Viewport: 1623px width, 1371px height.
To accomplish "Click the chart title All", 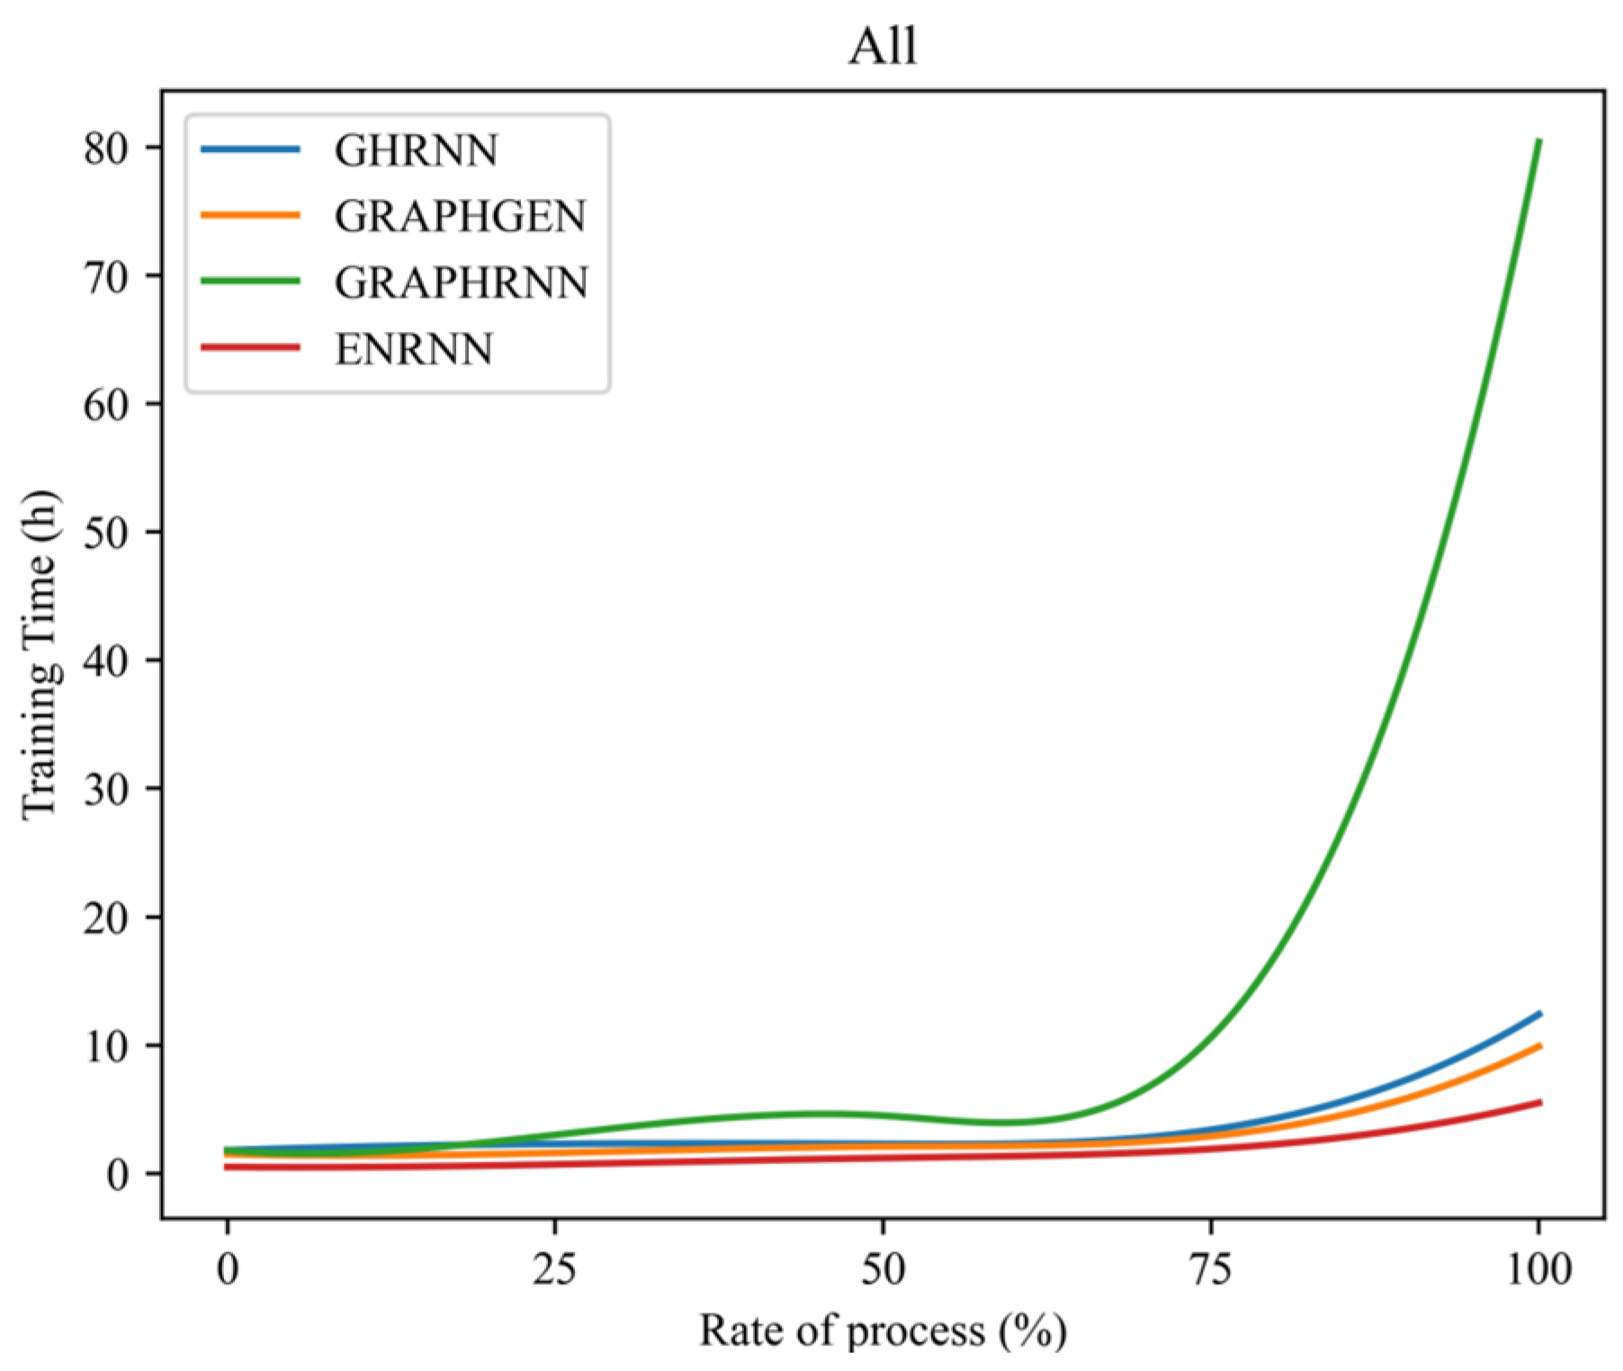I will coord(883,47).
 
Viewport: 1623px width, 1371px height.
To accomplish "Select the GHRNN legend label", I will coord(416,150).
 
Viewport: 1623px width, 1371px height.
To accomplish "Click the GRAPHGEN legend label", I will coord(460,217).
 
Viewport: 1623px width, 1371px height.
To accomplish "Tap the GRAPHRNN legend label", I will coord(461,282).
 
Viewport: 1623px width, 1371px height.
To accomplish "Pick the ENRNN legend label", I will coord(414,349).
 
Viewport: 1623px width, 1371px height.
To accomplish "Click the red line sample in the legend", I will coord(250,347).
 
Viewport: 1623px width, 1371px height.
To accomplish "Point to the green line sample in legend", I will coord(250,281).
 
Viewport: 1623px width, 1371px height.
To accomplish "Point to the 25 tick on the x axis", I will coord(555,1269).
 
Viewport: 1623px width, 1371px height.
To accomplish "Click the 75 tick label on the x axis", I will coord(1211,1269).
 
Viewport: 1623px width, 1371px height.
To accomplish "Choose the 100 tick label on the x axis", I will coord(1538,1269).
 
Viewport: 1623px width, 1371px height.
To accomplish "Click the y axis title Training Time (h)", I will coord(40,654).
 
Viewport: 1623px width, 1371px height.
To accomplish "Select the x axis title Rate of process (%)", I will coord(883,1331).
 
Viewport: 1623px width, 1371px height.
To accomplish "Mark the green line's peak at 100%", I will coord(1539,141).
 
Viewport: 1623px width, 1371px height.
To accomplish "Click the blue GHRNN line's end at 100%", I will coord(1539,1014).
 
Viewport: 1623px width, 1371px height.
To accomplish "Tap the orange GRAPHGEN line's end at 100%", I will coord(1539,1045).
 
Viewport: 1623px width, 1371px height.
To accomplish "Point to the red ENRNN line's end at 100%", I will coord(1539,1102).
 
